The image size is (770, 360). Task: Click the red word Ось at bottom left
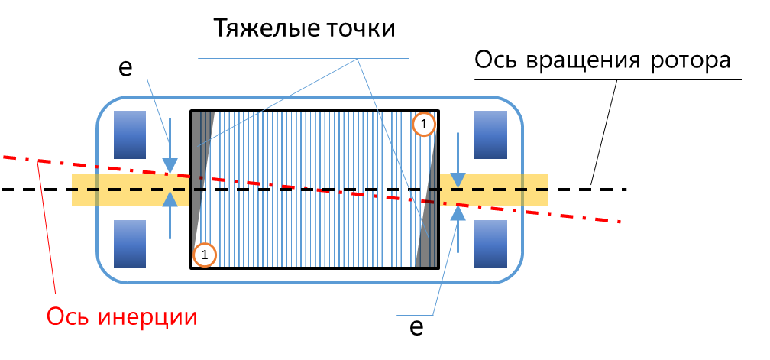(x=70, y=316)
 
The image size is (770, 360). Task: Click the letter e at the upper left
(x=126, y=67)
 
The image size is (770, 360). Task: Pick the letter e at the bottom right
(x=416, y=326)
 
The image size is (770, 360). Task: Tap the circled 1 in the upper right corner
(x=423, y=123)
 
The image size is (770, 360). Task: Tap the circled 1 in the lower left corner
(x=205, y=255)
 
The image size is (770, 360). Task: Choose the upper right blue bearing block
(x=490, y=134)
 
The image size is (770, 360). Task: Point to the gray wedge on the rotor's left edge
(x=200, y=153)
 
